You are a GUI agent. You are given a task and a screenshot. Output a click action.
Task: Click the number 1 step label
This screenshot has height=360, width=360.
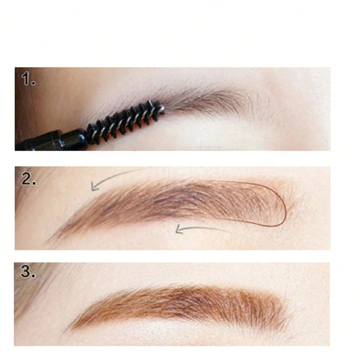coord(28,80)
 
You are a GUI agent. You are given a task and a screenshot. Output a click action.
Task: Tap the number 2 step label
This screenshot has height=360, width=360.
coord(28,179)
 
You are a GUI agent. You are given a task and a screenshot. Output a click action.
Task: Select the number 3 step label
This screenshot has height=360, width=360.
coord(28,271)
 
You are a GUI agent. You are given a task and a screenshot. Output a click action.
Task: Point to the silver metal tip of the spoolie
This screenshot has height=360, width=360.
coord(162,107)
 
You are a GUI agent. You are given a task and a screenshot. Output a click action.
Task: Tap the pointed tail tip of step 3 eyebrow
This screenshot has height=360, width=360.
coord(68,330)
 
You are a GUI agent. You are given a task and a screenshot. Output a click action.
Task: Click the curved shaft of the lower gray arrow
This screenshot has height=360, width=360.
coord(209,228)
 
